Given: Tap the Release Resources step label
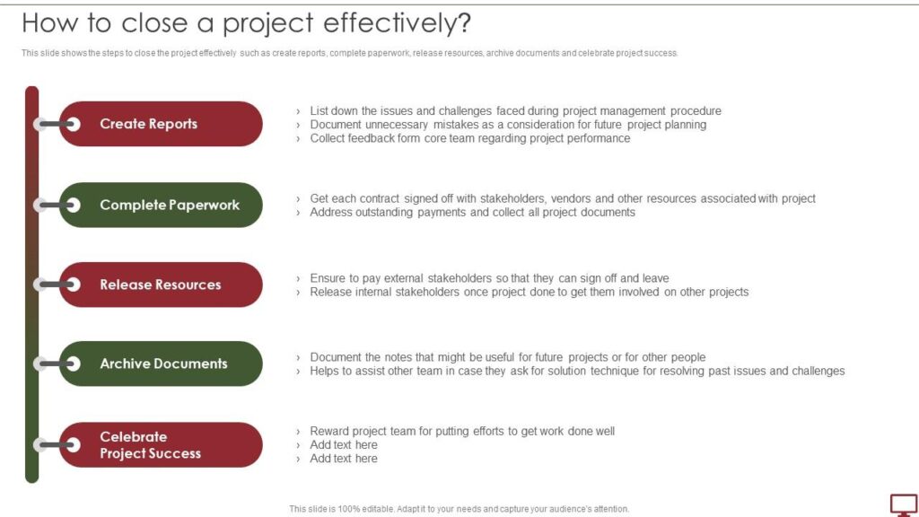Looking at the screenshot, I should point(160,285).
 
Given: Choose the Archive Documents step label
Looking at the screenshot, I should point(163,364).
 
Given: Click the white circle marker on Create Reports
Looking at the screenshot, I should point(73,124).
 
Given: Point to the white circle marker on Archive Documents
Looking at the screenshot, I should point(73,364).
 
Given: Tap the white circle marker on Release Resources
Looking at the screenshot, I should point(73,285).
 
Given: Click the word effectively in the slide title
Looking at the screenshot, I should point(395,23).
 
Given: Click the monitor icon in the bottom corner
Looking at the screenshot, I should point(903,504).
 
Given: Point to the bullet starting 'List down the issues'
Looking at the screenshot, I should point(515,111).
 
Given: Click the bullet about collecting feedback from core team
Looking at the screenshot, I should point(469,138).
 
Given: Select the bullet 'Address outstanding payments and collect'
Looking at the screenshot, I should point(472,213).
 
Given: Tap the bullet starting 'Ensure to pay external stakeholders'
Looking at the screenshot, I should point(489,278).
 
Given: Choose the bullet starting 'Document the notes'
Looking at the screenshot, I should point(507,357).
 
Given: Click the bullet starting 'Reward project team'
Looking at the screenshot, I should point(462,431).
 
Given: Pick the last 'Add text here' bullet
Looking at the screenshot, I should point(344,459).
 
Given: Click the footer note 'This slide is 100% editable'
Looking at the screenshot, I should point(459,509).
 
